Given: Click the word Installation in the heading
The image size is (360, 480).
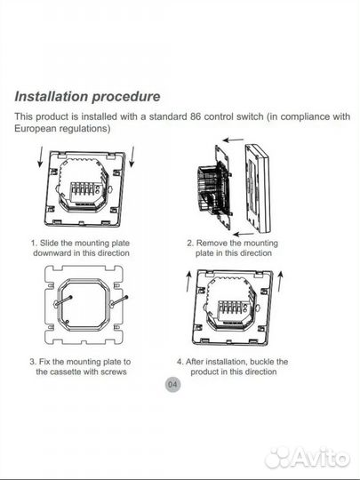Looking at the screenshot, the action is pyautogui.click(x=52, y=96).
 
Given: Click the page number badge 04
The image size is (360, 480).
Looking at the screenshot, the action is pyautogui.click(x=172, y=384).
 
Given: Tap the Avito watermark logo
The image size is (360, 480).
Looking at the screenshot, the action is pyautogui.click(x=307, y=458).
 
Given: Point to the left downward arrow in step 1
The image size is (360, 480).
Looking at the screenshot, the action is pyautogui.click(x=40, y=156).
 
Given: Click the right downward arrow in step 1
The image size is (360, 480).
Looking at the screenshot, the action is pyautogui.click(x=132, y=156).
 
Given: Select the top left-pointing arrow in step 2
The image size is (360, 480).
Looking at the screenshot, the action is pyautogui.click(x=233, y=140).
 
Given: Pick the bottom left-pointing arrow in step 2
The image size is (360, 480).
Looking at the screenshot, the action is pyautogui.click(x=244, y=235).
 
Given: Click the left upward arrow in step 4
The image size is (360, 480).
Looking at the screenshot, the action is pyautogui.click(x=188, y=281).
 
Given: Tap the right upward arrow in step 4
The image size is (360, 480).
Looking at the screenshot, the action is pyautogui.click(x=280, y=281).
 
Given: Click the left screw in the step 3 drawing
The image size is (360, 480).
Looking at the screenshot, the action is pyautogui.click(x=64, y=300).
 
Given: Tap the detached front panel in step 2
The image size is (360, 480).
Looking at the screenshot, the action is pyautogui.click(x=258, y=188).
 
